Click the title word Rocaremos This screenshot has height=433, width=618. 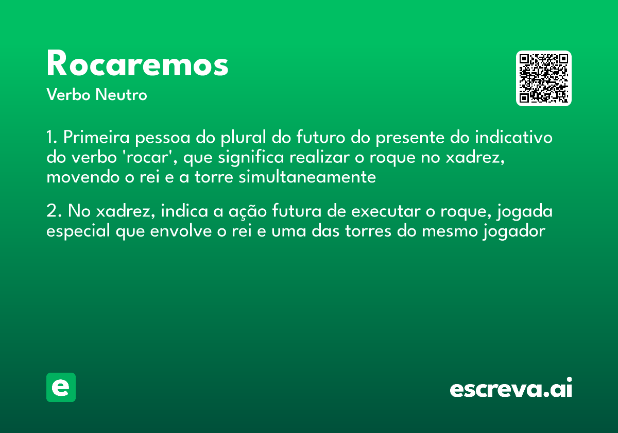137,64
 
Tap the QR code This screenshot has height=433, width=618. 544,78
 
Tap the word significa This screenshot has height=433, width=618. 249,158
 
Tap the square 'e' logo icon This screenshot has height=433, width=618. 61,387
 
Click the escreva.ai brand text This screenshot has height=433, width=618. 510,389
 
